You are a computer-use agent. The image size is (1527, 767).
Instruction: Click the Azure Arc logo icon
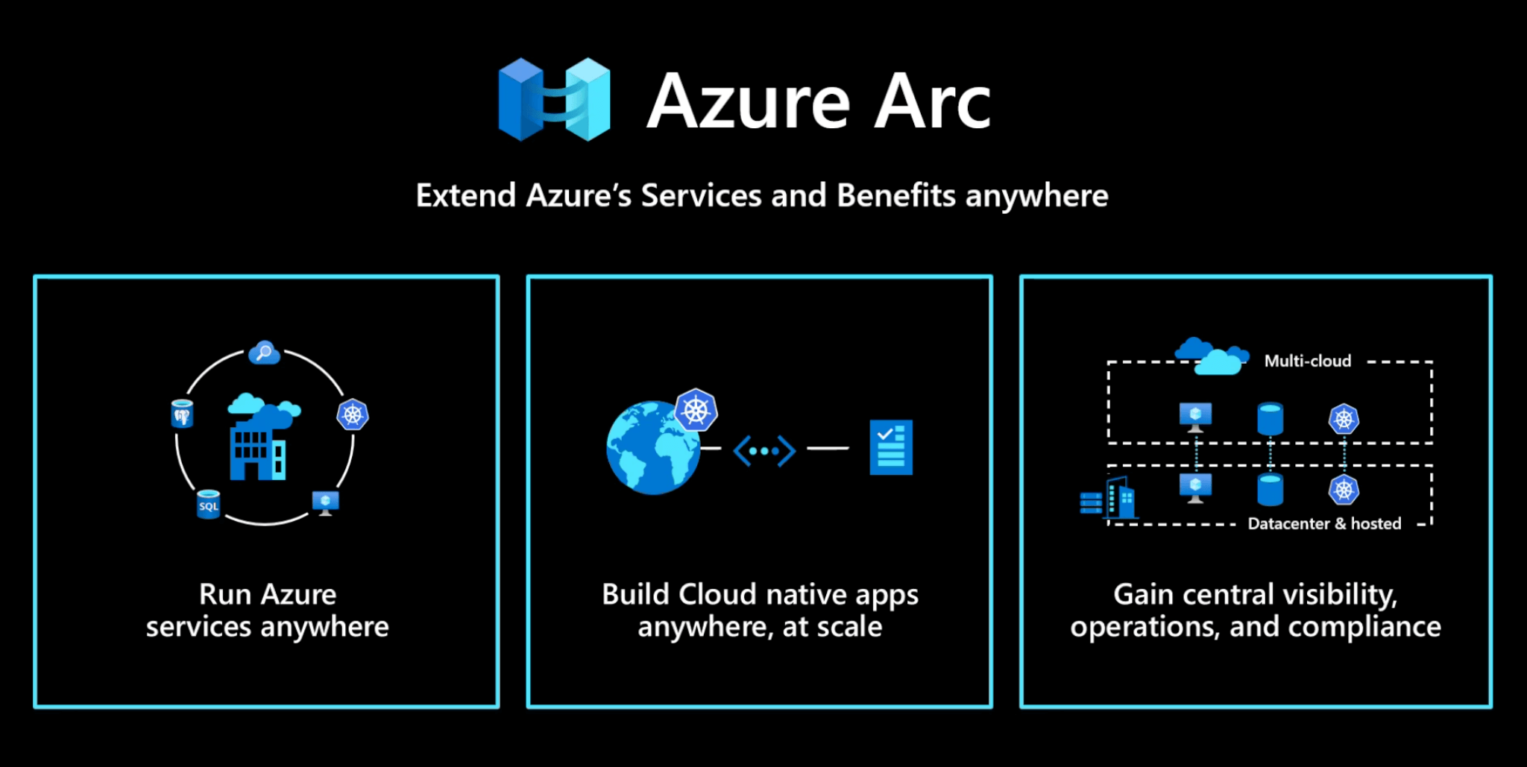[554, 99]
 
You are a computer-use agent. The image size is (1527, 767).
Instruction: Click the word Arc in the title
[932, 102]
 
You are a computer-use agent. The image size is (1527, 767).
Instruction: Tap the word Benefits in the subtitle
[896, 195]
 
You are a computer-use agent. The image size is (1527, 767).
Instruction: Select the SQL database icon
[208, 505]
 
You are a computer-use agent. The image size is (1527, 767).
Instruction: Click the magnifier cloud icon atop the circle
[264, 352]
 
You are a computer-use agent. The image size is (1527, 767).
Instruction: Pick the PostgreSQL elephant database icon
[182, 414]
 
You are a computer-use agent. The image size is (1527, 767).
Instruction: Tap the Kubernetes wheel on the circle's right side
[353, 414]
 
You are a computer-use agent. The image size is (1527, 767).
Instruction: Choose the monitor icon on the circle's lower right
[326, 502]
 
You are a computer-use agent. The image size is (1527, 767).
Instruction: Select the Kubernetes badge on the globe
[696, 410]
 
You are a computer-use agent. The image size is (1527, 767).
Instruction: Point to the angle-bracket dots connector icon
[764, 451]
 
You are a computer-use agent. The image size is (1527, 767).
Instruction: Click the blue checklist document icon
[891, 447]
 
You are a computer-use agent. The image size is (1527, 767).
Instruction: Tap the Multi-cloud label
[1307, 361]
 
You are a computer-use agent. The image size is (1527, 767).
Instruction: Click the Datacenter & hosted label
[1324, 523]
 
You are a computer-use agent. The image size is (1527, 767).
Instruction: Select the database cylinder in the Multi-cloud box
[1270, 419]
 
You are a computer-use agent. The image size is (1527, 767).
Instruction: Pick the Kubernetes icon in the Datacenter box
[1344, 490]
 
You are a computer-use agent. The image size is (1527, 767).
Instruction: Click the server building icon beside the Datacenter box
[1109, 499]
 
